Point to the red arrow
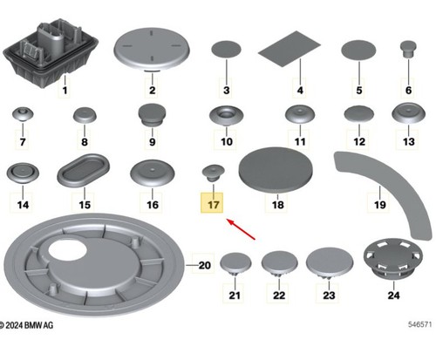click(241, 229)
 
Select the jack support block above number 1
click(51, 52)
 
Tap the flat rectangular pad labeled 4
click(290, 49)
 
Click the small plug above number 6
click(408, 49)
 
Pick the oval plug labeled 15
click(84, 171)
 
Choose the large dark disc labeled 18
click(276, 170)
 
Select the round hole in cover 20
click(67, 250)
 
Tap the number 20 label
click(205, 265)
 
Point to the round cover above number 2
click(152, 49)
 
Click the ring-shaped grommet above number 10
click(227, 115)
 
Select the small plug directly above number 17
click(213, 173)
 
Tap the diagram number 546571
click(419, 324)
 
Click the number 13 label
click(408, 142)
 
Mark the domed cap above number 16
click(153, 173)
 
